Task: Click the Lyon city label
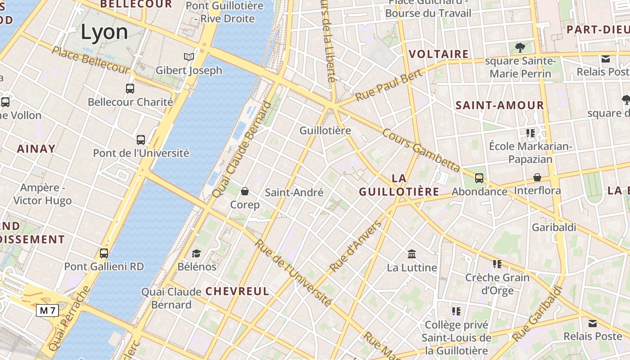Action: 104,32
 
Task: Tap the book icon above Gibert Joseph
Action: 189,57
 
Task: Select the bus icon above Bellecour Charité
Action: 130,89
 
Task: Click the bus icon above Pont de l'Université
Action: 141,140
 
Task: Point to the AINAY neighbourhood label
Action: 36,148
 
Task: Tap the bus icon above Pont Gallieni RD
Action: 104,253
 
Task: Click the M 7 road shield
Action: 47,310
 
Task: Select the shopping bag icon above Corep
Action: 245,192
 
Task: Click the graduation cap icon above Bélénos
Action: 196,253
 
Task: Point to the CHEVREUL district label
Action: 237,291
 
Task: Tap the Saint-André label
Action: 294,193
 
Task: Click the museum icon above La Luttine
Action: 412,254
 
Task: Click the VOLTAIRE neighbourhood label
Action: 439,54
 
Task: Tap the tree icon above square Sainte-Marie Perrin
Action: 520,47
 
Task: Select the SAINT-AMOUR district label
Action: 499,106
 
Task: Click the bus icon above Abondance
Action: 479,178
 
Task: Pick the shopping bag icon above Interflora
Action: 537,177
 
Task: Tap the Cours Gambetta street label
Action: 421,150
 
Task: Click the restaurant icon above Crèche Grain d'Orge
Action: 497,264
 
